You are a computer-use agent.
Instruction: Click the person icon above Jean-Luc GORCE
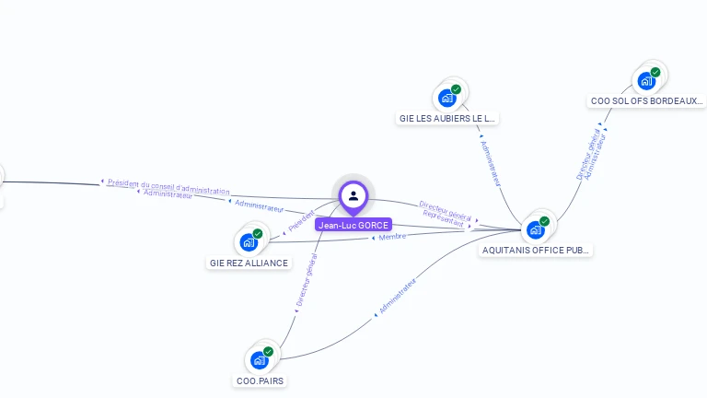[353, 195]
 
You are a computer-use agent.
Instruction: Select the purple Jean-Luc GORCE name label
[353, 225]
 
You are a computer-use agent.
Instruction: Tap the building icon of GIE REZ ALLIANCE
[248, 242]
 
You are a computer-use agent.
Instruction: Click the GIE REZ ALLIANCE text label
[249, 263]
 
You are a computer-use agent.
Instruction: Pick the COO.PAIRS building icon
[259, 359]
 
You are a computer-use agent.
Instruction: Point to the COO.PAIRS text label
[260, 380]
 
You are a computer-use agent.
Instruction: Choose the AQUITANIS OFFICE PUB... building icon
[535, 229]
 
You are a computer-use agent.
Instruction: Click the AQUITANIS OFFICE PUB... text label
[536, 250]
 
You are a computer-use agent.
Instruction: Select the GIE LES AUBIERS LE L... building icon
[447, 98]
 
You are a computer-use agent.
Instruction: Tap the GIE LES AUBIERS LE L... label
[447, 118]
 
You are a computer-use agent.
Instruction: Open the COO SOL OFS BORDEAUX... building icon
[646, 80]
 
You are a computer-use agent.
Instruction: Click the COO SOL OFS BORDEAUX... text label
[647, 100]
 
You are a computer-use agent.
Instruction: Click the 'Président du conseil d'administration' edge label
[168, 186]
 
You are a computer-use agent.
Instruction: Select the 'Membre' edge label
[393, 237]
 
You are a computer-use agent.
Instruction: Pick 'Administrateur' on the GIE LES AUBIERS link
[491, 163]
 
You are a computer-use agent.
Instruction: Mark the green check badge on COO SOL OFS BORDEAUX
[655, 72]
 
